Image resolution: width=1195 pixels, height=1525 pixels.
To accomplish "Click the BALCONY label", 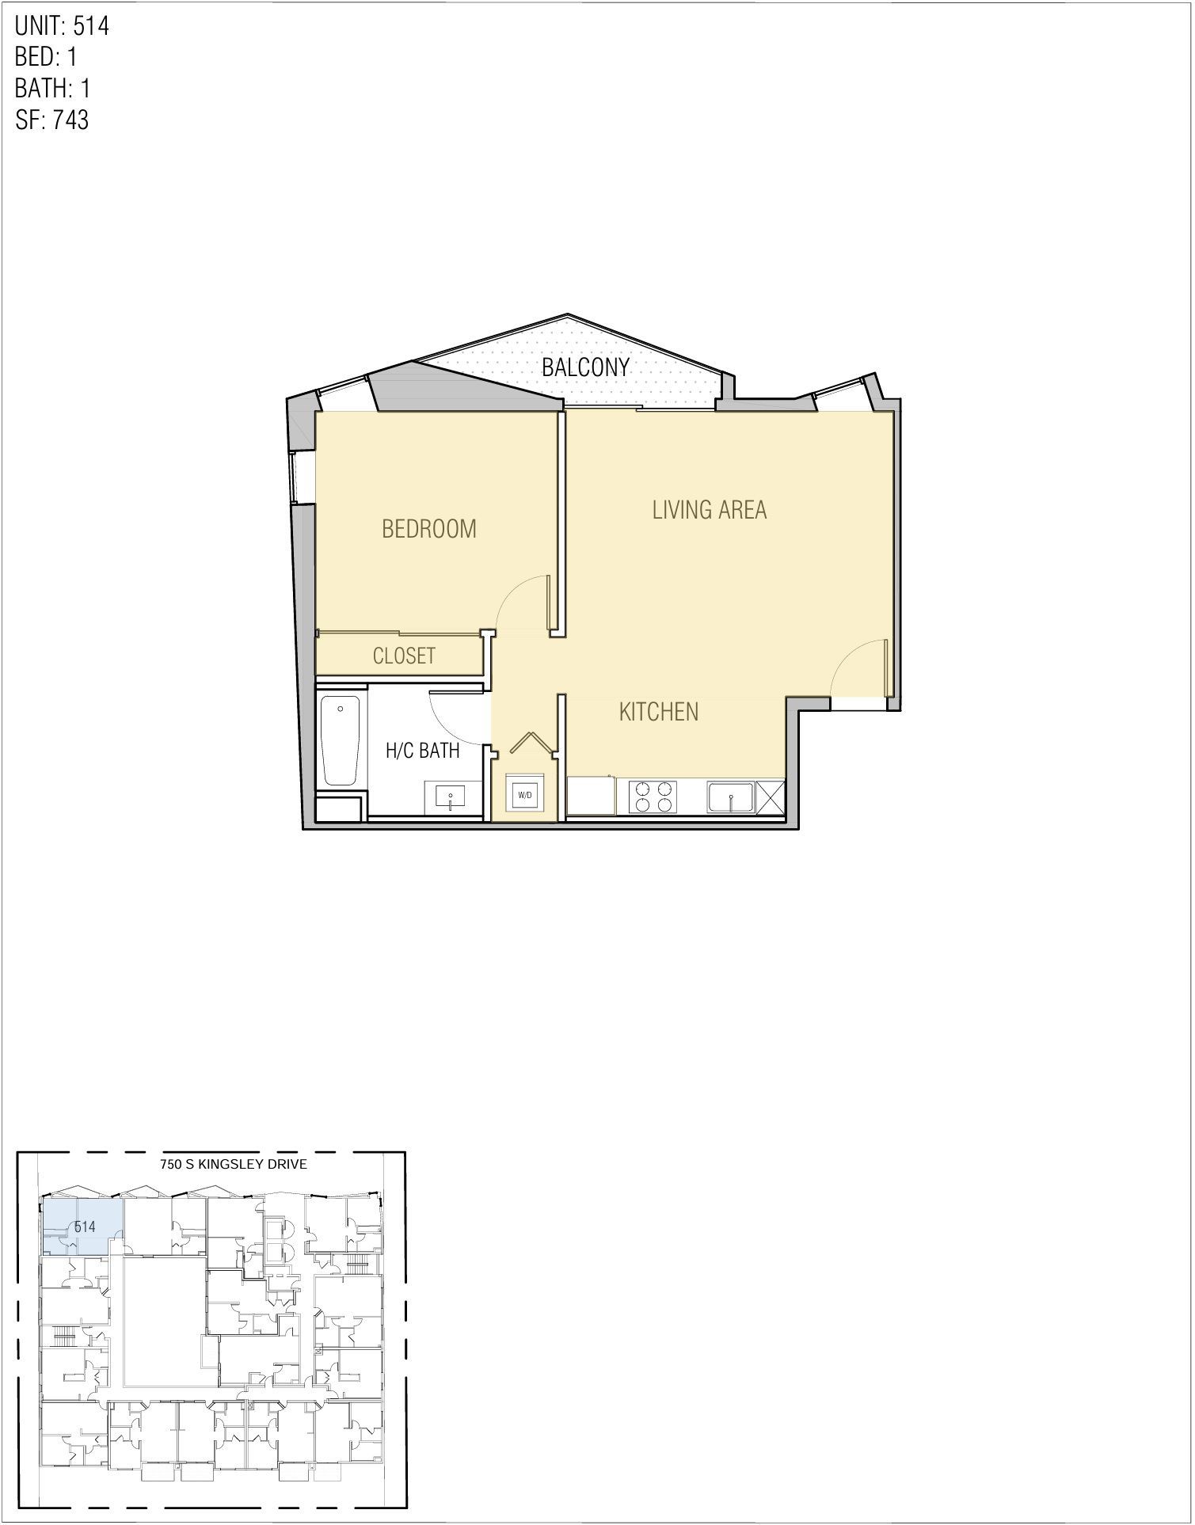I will tap(585, 367).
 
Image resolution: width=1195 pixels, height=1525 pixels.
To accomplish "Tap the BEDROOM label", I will tap(429, 528).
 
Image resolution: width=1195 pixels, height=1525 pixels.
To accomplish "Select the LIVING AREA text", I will tap(709, 509).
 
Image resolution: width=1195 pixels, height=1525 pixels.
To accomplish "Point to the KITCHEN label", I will tap(658, 711).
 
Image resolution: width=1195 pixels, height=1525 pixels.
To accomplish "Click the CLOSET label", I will tap(404, 656).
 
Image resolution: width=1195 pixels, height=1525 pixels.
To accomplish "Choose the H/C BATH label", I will tap(422, 750).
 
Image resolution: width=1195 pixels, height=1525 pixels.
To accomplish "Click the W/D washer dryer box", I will tap(524, 793).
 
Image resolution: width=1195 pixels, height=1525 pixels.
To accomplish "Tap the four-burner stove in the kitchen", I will tap(653, 797).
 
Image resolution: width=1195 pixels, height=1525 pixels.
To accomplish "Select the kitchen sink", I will tap(731, 797).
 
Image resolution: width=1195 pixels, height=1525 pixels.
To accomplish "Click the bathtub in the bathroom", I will tap(341, 740).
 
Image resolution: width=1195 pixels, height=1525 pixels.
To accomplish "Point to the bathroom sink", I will tap(451, 797).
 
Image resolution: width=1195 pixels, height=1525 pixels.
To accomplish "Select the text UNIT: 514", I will tap(62, 26).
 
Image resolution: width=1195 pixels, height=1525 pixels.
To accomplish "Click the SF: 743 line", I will tap(51, 120).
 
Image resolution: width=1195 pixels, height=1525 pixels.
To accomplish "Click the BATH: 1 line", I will tap(52, 88).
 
